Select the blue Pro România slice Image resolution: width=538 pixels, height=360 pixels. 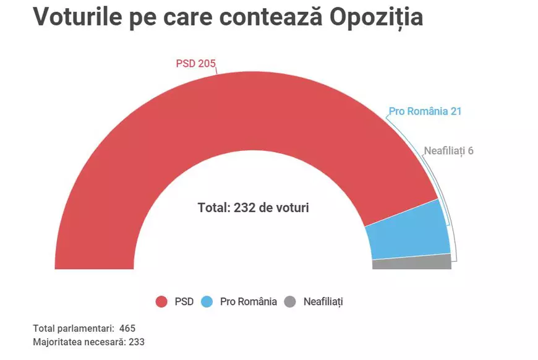click(408, 232)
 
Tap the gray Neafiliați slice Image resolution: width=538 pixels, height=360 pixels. click(412, 262)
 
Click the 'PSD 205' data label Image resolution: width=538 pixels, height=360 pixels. click(195, 63)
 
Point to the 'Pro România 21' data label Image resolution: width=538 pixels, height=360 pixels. click(425, 112)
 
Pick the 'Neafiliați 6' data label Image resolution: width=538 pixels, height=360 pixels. click(449, 150)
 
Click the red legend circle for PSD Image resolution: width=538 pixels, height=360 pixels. click(161, 302)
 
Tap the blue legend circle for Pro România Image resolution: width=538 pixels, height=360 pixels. click(207, 302)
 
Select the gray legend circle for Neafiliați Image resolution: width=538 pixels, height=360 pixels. click(290, 302)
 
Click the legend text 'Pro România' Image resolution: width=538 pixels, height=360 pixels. click(248, 302)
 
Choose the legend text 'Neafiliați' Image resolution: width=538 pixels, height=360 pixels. click(323, 302)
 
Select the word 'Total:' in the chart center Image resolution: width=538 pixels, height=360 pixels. click(214, 208)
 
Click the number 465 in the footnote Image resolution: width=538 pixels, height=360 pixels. click(128, 328)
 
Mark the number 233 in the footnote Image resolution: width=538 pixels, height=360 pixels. click(136, 341)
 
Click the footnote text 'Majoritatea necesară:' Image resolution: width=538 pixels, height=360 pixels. click(79, 341)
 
